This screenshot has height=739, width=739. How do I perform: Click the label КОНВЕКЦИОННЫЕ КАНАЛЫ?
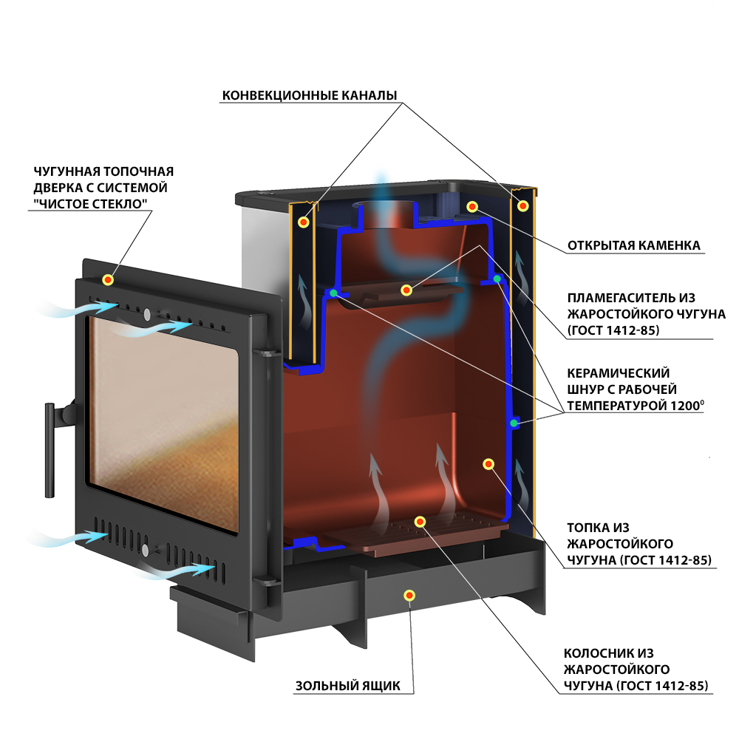pyautogui.click(x=309, y=95)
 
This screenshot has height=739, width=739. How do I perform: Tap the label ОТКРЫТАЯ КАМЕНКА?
pyautogui.click(x=633, y=245)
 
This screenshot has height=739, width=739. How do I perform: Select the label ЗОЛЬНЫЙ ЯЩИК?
pyautogui.click(x=348, y=686)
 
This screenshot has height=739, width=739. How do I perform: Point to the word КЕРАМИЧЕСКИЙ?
pyautogui.click(x=618, y=373)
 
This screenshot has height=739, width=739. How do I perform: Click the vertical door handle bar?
pyautogui.click(x=50, y=450)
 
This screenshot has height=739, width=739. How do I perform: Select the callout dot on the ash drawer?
pyautogui.click(x=409, y=596)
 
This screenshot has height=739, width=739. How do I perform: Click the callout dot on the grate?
pyautogui.click(x=420, y=522)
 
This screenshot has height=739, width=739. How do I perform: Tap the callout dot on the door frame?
pyautogui.click(x=108, y=280)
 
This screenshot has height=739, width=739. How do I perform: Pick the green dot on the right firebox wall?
pyautogui.click(x=514, y=423)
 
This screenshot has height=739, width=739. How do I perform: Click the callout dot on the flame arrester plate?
pyautogui.click(x=406, y=290)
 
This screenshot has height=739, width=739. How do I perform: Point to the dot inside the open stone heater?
pyautogui.click(x=472, y=206)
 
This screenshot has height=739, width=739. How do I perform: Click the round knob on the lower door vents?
pyautogui.click(x=145, y=550)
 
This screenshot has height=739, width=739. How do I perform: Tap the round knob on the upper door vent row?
pyautogui.click(x=148, y=314)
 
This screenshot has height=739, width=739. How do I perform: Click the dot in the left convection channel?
pyautogui.click(x=304, y=222)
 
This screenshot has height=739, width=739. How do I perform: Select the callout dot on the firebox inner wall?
pyautogui.click(x=488, y=464)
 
